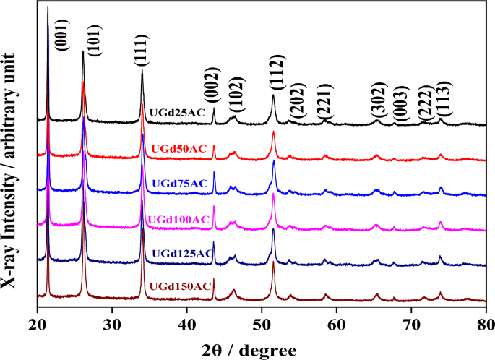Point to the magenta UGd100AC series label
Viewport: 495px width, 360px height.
178,219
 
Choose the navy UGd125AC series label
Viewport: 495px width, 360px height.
182,253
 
